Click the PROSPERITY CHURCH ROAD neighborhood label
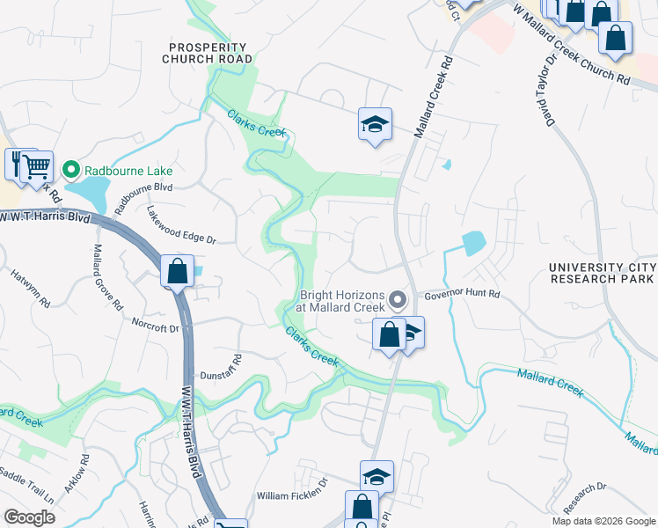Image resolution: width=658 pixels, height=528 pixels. pyautogui.click(x=207, y=52)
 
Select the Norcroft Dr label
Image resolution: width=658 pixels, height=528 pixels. pyautogui.click(x=154, y=328)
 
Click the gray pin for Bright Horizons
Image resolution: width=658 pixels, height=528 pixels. pyautogui.click(x=397, y=300)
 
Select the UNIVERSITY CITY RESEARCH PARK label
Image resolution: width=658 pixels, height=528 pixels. pyautogui.click(x=602, y=273)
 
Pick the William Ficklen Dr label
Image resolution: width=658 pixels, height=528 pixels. pyautogui.click(x=291, y=495)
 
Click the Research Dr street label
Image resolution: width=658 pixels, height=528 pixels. pyautogui.click(x=585, y=498)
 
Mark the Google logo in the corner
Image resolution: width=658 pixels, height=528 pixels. pyautogui.click(x=29, y=517)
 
